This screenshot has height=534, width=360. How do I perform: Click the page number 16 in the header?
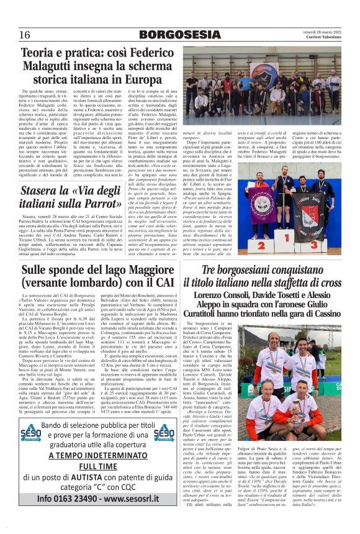pos(25,34)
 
